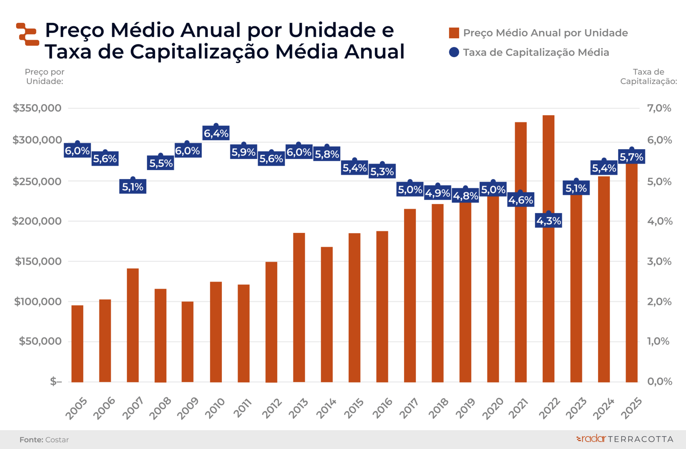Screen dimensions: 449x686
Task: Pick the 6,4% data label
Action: [x=216, y=133]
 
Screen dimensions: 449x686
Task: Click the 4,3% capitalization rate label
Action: [x=548, y=221]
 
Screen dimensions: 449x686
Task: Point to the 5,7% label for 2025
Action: [x=631, y=157]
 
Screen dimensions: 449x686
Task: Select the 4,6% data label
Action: [x=521, y=200]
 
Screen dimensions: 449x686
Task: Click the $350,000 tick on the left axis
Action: [x=37, y=108]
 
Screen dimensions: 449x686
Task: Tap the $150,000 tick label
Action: [x=38, y=261]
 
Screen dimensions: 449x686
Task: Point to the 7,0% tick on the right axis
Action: [x=659, y=108]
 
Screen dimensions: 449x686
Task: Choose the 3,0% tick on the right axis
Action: [x=659, y=261]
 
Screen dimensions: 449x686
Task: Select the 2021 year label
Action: [x=518, y=408]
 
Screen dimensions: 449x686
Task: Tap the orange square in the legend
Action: [x=454, y=33]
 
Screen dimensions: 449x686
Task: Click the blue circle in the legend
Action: [x=454, y=52]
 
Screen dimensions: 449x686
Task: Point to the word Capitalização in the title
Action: [x=200, y=52]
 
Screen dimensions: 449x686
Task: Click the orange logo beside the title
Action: [x=28, y=34]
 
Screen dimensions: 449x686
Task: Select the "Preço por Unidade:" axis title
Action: [x=45, y=77]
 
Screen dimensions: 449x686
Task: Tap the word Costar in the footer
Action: [x=57, y=440]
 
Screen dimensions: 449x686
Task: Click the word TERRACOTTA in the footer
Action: [x=641, y=439]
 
